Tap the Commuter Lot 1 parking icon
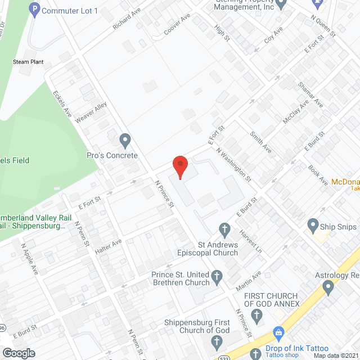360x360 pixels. [35, 10]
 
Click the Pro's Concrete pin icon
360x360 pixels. [125, 139]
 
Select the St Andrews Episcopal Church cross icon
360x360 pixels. [224, 229]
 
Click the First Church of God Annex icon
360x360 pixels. [258, 313]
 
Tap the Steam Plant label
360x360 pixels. [28, 62]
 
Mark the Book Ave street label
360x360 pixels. [318, 175]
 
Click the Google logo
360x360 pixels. [19, 353]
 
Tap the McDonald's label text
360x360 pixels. [345, 182]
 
